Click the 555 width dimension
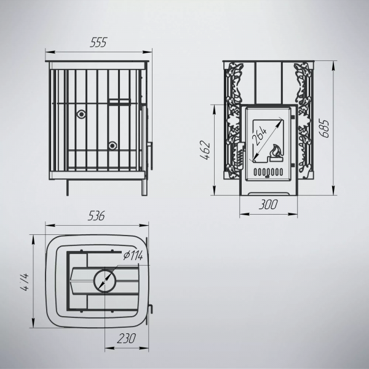point(98,42)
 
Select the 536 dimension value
point(97,216)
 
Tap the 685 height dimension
point(324,129)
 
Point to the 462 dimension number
point(205,150)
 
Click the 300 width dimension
point(268,204)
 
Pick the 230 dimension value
point(126,338)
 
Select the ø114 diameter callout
point(133,255)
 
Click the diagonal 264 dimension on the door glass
point(260,136)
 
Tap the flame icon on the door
point(276,153)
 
